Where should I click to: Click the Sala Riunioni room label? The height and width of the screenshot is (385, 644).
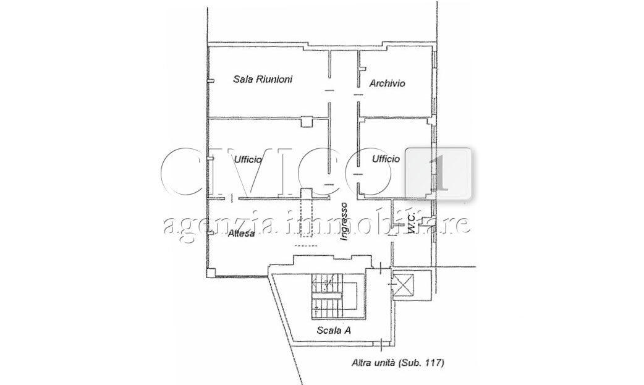click(263, 79)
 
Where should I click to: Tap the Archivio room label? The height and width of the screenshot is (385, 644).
click(387, 83)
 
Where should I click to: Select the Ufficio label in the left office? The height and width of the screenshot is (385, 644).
click(247, 159)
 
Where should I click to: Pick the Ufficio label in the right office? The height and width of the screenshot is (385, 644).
click(386, 159)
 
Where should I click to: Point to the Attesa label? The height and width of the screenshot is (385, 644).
click(241, 234)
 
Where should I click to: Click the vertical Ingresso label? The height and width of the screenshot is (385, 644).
click(344, 221)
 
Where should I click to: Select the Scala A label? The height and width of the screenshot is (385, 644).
click(334, 330)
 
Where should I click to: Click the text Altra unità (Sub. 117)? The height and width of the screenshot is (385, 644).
click(398, 363)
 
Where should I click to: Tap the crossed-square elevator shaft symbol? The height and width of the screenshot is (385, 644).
click(403, 285)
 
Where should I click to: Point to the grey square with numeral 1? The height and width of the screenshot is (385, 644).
click(438, 174)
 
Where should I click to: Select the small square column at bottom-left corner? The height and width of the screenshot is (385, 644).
click(210, 273)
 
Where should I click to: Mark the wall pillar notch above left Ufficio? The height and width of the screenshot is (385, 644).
click(307, 122)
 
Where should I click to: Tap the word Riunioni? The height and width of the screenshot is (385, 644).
click(274, 79)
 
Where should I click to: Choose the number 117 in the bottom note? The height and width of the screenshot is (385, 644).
click(434, 363)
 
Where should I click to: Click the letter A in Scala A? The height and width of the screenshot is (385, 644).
click(347, 330)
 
